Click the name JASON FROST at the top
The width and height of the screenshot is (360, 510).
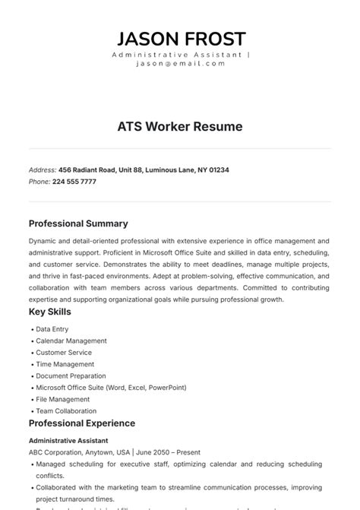point(180,39)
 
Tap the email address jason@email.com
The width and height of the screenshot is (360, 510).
point(180,64)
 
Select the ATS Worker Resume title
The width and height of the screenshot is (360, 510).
point(180,127)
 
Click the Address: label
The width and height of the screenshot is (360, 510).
point(42,169)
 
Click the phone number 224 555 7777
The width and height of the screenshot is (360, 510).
point(74,182)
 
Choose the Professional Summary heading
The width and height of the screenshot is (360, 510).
point(78,223)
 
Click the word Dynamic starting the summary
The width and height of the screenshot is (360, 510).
point(43,240)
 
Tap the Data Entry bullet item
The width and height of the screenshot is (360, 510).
point(52,329)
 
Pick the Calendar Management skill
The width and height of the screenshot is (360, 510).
point(71,341)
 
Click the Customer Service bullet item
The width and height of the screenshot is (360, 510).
point(64,353)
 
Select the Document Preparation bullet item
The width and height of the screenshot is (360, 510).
point(71,376)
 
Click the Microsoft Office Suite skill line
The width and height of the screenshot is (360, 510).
point(111,388)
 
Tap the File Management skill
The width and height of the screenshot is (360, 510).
point(63,399)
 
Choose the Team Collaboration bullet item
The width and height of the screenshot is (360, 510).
point(66,411)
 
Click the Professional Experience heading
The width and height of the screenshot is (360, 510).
point(82,423)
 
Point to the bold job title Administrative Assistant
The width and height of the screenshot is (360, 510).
point(68,440)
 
